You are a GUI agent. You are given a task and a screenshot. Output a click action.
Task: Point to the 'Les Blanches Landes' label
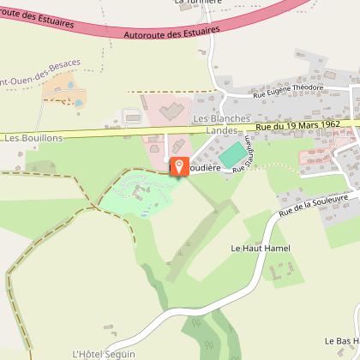coord(221,123)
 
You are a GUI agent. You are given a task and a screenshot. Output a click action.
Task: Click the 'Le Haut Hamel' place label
coord(261,248)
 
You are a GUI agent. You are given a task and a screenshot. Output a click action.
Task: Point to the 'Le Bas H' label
coord(340,340)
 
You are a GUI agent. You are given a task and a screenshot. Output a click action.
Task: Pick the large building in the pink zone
coord(169,111)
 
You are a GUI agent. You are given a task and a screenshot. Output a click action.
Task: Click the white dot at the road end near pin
coord(166,159)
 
